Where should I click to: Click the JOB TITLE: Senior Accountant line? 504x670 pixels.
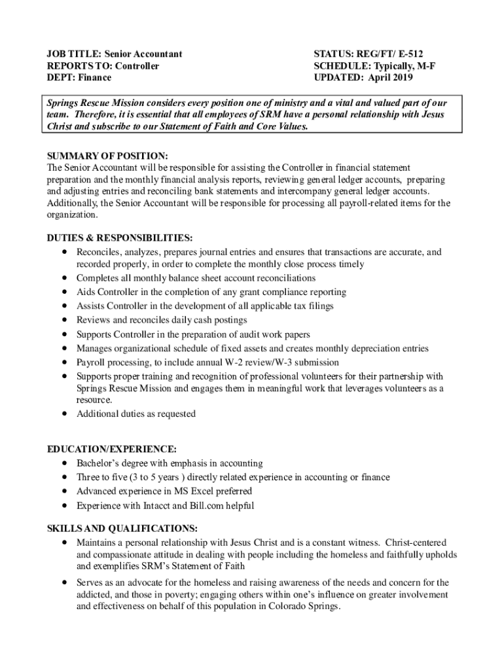[115, 54]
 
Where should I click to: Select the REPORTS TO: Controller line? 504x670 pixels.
[103, 65]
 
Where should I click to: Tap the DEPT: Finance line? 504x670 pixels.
[79, 77]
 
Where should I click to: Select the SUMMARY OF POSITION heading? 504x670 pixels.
[108, 156]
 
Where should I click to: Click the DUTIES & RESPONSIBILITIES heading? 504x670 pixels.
[120, 238]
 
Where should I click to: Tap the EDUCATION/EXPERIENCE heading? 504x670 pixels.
[112, 449]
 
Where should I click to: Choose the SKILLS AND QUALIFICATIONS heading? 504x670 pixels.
[122, 528]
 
